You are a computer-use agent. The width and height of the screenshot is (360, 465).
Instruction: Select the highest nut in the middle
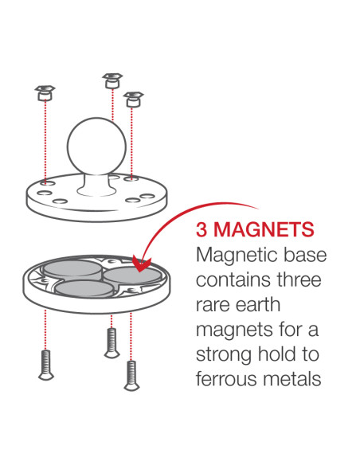pos(112,80)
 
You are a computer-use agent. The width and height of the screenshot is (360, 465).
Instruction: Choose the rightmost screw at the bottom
pos(131,373)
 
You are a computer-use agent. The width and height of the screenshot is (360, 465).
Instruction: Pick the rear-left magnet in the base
pos(68,269)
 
